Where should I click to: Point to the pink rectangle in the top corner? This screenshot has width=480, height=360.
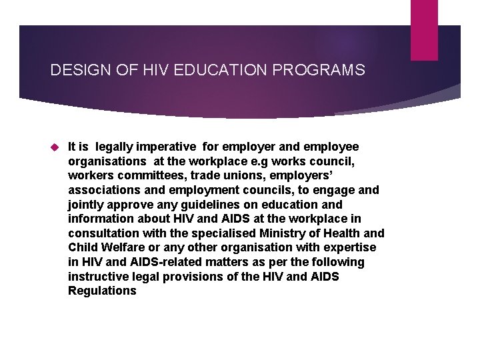[424, 29]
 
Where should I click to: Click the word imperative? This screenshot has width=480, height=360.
[167, 147]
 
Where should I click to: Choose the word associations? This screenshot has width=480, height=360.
[102, 190]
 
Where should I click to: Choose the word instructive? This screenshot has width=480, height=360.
[99, 277]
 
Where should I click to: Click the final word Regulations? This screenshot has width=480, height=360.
[102, 291]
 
